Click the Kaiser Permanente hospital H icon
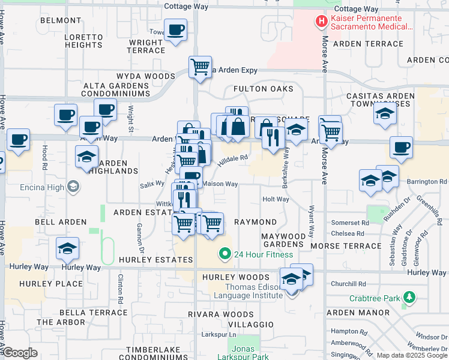click(x=322, y=22)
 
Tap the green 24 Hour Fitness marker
click(x=225, y=254)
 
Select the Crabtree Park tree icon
click(x=409, y=298)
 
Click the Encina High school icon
click(x=73, y=187)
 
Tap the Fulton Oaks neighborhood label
click(x=263, y=89)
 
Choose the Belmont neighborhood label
click(x=61, y=20)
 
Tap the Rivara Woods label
click(x=221, y=314)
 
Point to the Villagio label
click(x=251, y=324)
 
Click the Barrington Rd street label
click(x=427, y=181)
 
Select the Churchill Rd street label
click(x=348, y=284)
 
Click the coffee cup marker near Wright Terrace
click(x=175, y=30)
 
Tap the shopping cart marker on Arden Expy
click(x=200, y=67)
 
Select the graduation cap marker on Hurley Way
click(x=68, y=248)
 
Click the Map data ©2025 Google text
click(x=411, y=355)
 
